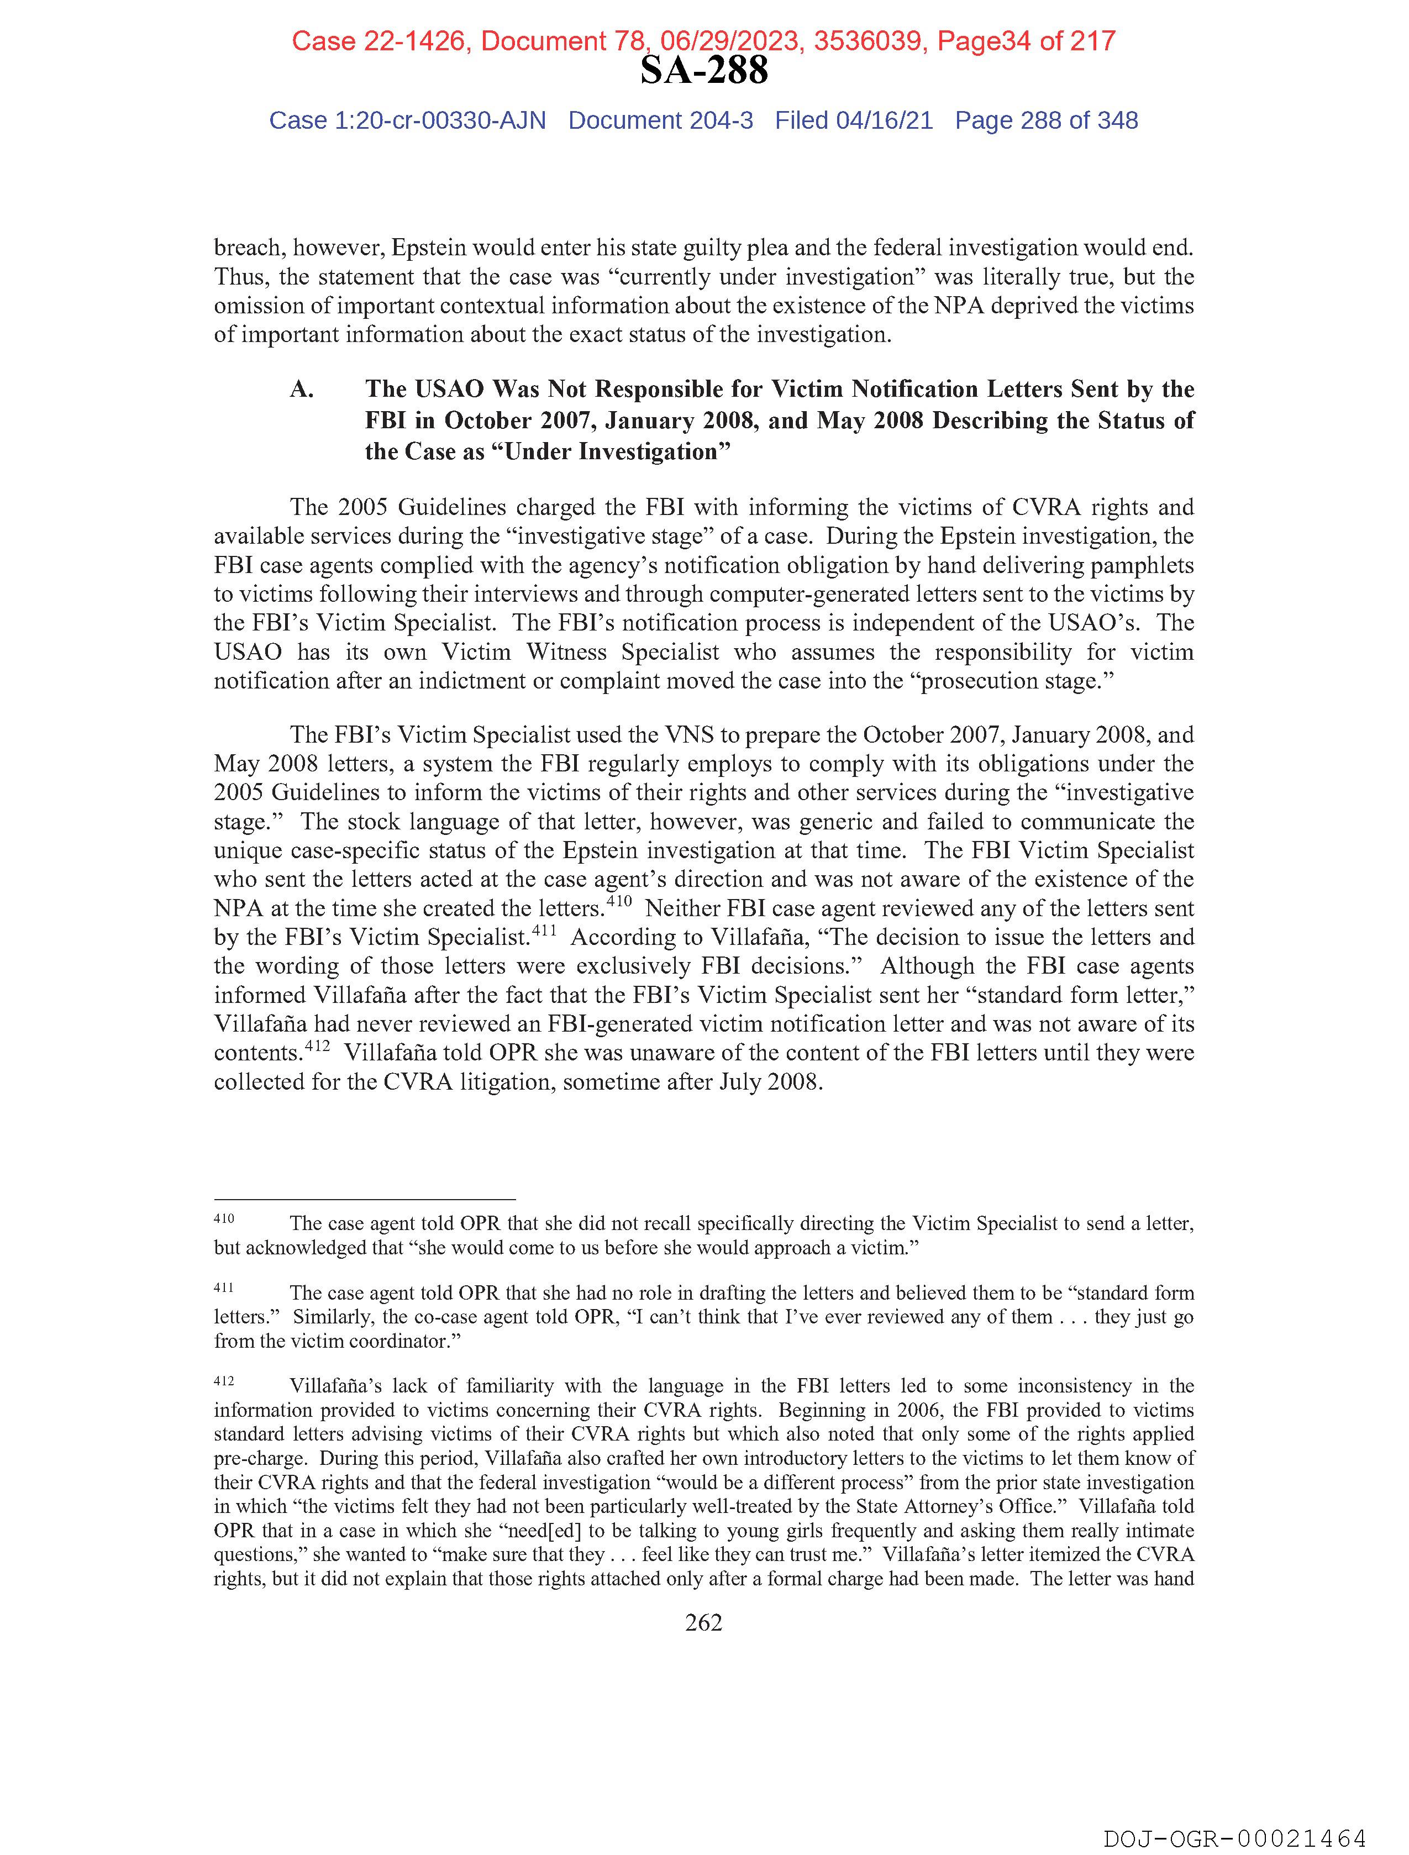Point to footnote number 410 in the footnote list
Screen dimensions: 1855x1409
(224, 1218)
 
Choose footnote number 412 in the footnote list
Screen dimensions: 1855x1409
(224, 1380)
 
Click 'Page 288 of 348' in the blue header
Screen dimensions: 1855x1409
(1046, 121)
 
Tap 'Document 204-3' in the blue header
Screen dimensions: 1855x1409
(660, 121)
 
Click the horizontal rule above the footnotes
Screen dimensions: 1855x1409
(364, 1199)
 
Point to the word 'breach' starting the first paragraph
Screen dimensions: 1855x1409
(248, 248)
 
